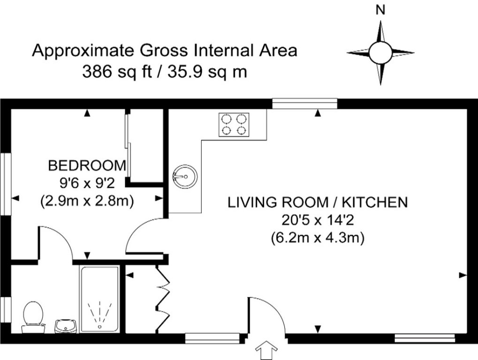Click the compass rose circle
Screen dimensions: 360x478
[380, 52]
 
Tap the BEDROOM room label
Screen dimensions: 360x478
[87, 165]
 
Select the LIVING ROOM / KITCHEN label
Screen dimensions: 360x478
[317, 202]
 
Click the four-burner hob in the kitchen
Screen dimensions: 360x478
[234, 125]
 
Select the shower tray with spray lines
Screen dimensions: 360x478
[99, 299]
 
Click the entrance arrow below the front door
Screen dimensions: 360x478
[266, 350]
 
